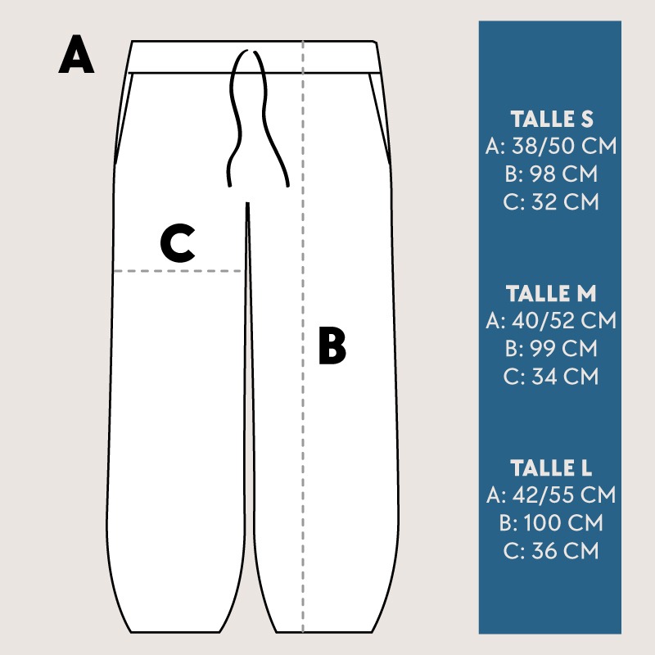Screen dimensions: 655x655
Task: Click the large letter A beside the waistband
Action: click(76, 54)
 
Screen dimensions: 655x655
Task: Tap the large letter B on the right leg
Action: click(332, 346)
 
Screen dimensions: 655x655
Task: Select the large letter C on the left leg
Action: click(178, 242)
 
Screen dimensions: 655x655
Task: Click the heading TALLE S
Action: click(551, 119)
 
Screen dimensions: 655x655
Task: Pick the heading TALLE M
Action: click(551, 293)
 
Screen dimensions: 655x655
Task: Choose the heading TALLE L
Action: click(551, 468)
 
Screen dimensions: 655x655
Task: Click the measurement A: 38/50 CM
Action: click(551, 147)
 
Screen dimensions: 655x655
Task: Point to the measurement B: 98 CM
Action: click(551, 174)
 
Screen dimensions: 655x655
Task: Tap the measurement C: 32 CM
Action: click(551, 201)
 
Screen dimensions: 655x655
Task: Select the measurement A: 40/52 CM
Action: click(551, 320)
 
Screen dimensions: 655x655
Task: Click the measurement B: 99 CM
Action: click(551, 349)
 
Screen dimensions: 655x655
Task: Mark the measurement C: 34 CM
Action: click(551, 376)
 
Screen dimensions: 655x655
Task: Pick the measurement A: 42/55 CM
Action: click(551, 495)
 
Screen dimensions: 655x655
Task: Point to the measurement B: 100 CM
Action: click(551, 522)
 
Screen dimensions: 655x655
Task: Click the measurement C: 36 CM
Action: click(551, 550)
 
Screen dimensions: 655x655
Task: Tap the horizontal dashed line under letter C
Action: click(178, 271)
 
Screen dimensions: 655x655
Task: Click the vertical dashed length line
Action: click(303, 337)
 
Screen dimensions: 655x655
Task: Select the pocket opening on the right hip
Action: click(380, 119)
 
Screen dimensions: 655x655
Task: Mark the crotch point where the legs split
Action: click(248, 204)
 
